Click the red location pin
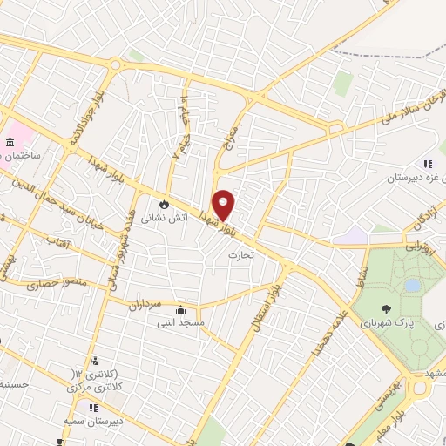pyautogui.click(x=224, y=204)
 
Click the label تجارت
pyautogui.click(x=239, y=255)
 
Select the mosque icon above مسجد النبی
pyautogui.click(x=180, y=309)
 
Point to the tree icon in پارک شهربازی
pyautogui.click(x=384, y=307)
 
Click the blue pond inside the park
pyautogui.click(x=411, y=285)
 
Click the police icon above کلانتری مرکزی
pyautogui.click(x=93, y=361)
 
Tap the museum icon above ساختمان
pyautogui.click(x=10, y=142)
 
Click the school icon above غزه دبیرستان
pyautogui.click(x=428, y=163)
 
